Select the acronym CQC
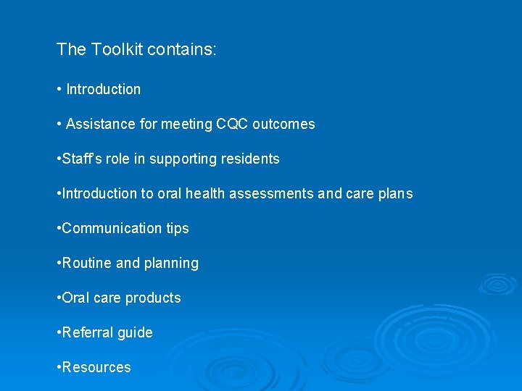pyautogui.click(x=232, y=124)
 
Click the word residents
pyautogui.click(x=250, y=159)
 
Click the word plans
pyautogui.click(x=396, y=193)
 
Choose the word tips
pyautogui.click(x=177, y=229)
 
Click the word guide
pyautogui.click(x=136, y=333)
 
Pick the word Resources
pyautogui.click(x=96, y=367)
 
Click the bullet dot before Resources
pyautogui.click(x=58, y=367)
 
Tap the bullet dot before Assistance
pyautogui.click(x=58, y=124)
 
